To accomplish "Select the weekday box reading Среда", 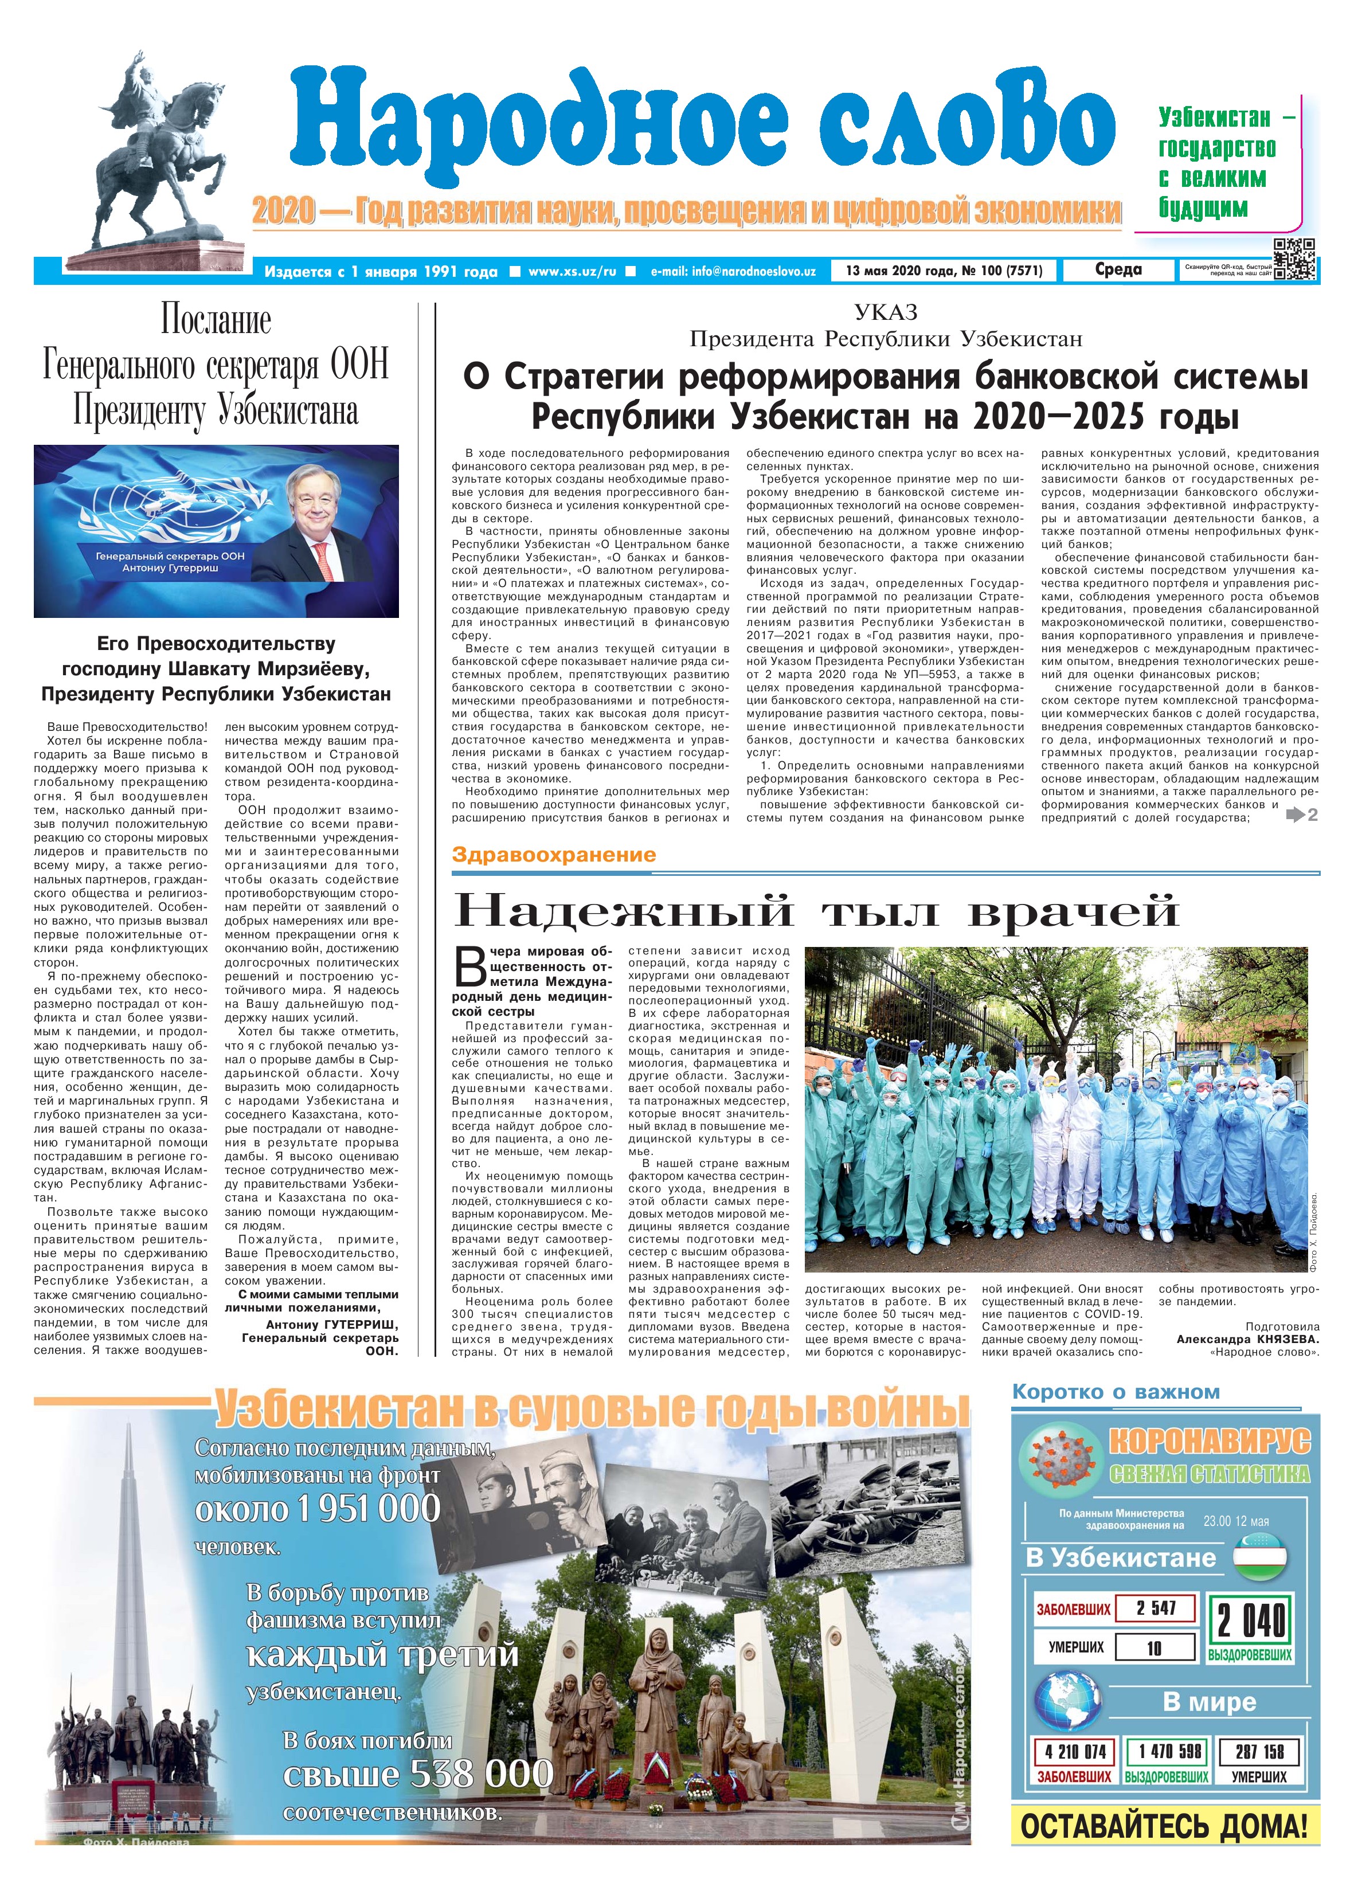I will coord(1118,270).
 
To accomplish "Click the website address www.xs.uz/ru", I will coord(572,271).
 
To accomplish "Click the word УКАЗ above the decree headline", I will coord(886,312).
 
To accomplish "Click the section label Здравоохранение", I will coord(554,855).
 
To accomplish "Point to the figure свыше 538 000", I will coord(418,1774).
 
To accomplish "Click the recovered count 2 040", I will coord(1250,1620).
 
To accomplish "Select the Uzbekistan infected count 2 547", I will coord(1156,1608).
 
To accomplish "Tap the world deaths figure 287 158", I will coord(1259,1751).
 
